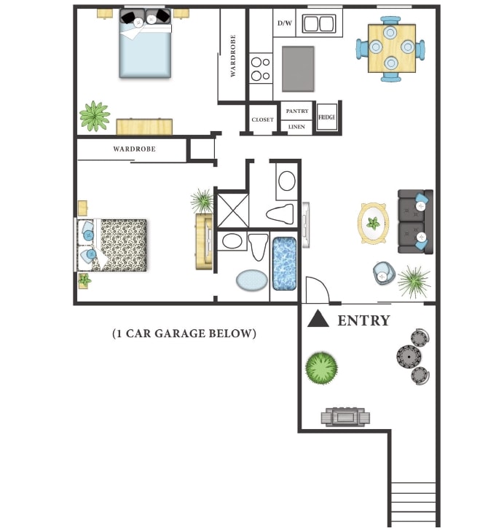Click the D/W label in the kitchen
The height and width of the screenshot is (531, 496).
tap(285, 23)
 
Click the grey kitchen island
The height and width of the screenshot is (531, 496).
tap(297, 68)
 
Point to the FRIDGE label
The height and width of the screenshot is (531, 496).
tap(326, 117)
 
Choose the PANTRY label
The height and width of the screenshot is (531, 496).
tap(296, 111)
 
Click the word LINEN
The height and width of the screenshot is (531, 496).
tap(296, 126)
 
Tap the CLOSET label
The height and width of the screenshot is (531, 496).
tap(262, 119)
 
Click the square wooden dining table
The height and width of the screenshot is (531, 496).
tap(391, 49)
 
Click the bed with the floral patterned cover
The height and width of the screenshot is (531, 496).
tap(120, 245)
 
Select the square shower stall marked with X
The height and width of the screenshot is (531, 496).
tap(233, 210)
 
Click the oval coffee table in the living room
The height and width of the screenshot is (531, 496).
tap(374, 223)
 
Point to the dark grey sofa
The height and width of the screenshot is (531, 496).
tap(416, 222)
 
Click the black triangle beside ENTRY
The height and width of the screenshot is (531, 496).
tap(317, 319)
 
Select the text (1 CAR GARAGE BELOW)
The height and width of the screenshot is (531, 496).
tap(184, 334)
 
